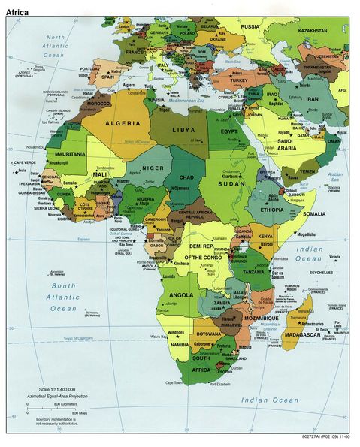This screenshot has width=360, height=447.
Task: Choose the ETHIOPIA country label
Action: [x=272, y=210]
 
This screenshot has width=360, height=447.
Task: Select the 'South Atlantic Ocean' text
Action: [x=63, y=297]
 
